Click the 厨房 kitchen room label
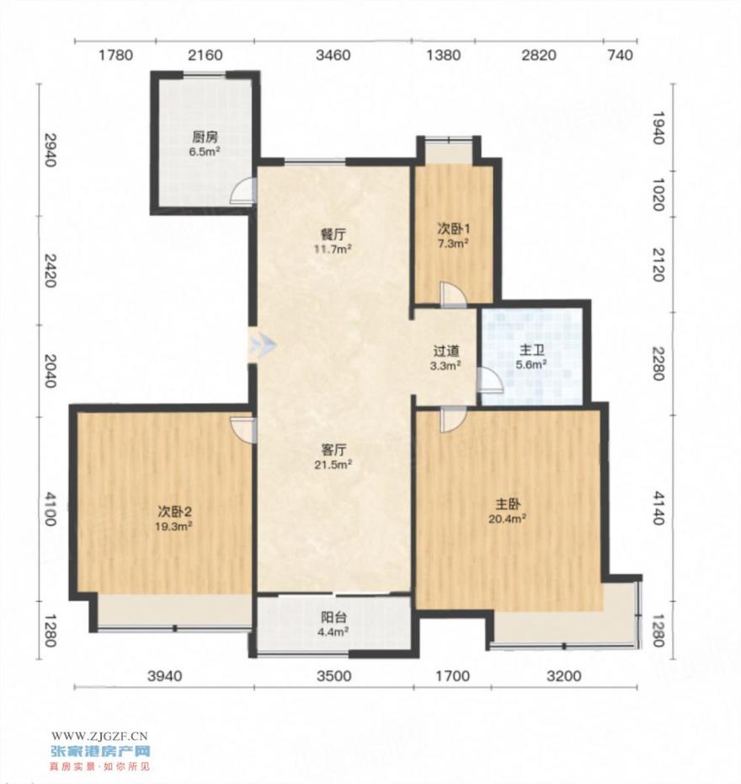tap(205, 137)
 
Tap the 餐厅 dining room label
tap(333, 234)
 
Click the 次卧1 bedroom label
tap(453, 228)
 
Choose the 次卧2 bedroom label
tap(175, 511)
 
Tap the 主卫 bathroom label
tap(532, 350)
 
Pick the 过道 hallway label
tap(446, 351)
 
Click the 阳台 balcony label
tap(334, 617)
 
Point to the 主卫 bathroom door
tap(489, 380)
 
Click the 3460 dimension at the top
tap(333, 55)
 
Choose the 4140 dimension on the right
tap(659, 508)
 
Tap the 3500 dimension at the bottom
tap(334, 676)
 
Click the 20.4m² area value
tap(507, 519)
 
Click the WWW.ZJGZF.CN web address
tap(100, 735)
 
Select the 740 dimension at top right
tap(621, 55)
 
